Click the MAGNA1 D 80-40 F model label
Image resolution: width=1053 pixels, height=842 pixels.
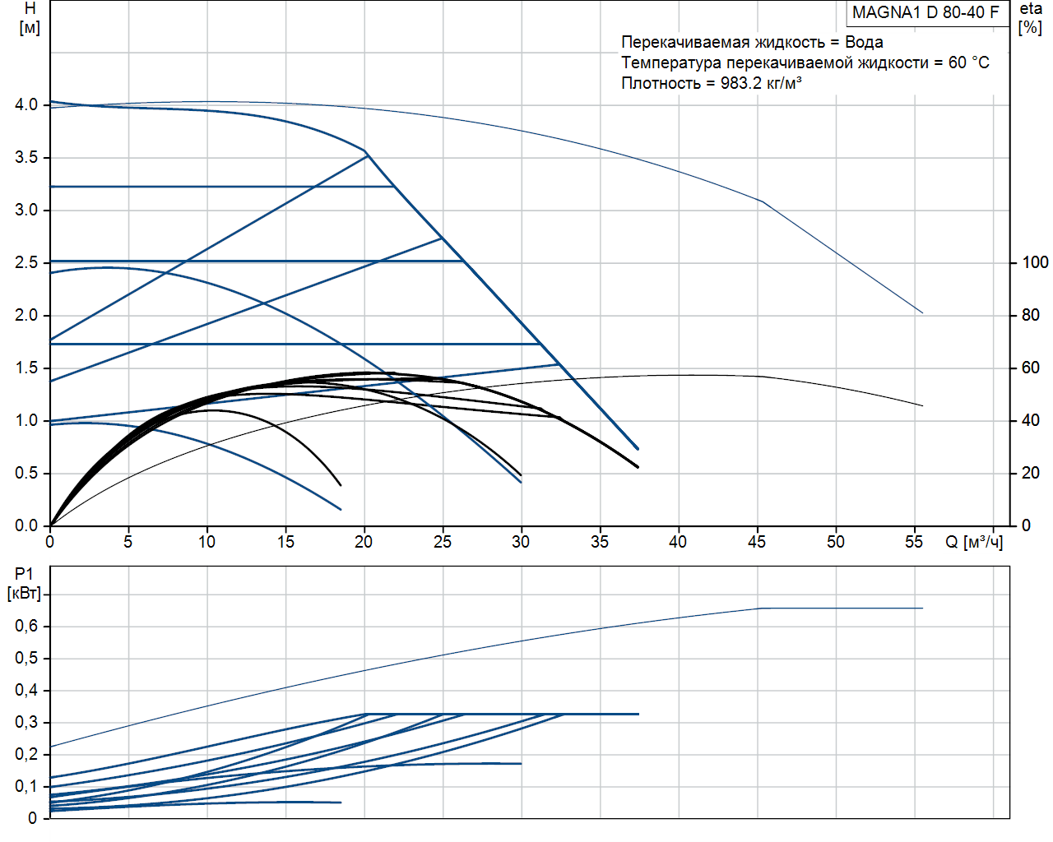pos(925,12)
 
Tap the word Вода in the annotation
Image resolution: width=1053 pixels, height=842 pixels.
pos(864,42)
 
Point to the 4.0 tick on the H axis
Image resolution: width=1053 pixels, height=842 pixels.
pos(26,104)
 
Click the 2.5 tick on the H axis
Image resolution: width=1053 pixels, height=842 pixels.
pos(26,262)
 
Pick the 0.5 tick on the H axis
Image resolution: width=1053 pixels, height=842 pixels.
pos(26,473)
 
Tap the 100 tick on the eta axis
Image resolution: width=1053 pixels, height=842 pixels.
pos(1035,262)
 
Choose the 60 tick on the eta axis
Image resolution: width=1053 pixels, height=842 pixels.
pos(1030,368)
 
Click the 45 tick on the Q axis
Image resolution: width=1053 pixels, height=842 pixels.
pos(757,542)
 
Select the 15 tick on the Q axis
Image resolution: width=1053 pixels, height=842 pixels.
pos(285,542)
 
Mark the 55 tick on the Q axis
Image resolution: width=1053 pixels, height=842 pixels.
pos(914,542)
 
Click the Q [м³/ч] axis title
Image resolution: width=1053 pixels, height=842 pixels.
pos(974,543)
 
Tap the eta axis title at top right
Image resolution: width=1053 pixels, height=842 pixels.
pos(1031,17)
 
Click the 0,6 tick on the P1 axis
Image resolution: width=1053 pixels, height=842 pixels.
pos(26,627)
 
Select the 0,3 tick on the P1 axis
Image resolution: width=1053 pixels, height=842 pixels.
pos(26,723)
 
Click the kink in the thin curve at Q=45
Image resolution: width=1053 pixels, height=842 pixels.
pos(763,201)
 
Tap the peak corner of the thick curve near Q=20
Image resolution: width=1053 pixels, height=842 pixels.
pos(365,152)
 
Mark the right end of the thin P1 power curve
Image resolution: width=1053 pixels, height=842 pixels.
pos(922,608)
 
